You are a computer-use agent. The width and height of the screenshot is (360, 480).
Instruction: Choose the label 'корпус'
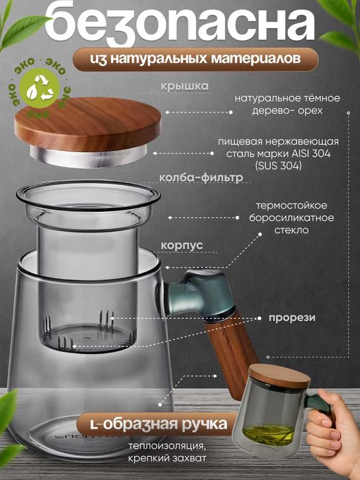point(182,244)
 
